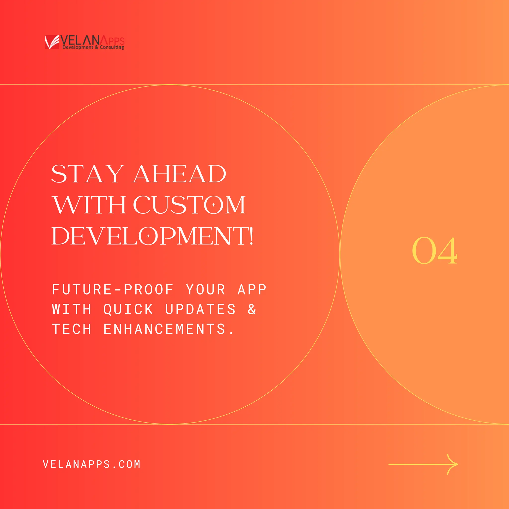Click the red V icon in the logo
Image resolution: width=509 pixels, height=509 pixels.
click(52, 42)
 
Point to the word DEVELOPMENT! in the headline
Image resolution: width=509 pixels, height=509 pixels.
click(152, 236)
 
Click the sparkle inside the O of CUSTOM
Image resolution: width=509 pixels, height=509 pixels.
click(213, 205)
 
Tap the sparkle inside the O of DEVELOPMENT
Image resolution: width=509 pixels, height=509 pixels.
click(148, 236)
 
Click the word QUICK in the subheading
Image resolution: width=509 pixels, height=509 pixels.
click(128, 309)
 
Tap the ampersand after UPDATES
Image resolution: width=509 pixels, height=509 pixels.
click(252, 309)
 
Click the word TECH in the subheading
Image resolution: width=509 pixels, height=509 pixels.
click(72, 329)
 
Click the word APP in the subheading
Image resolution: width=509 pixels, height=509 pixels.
click(252, 290)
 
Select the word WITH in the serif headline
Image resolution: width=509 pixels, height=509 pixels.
click(89, 205)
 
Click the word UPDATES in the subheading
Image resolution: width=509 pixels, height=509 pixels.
click(200, 309)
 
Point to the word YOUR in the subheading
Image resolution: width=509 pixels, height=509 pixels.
click(206, 290)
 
